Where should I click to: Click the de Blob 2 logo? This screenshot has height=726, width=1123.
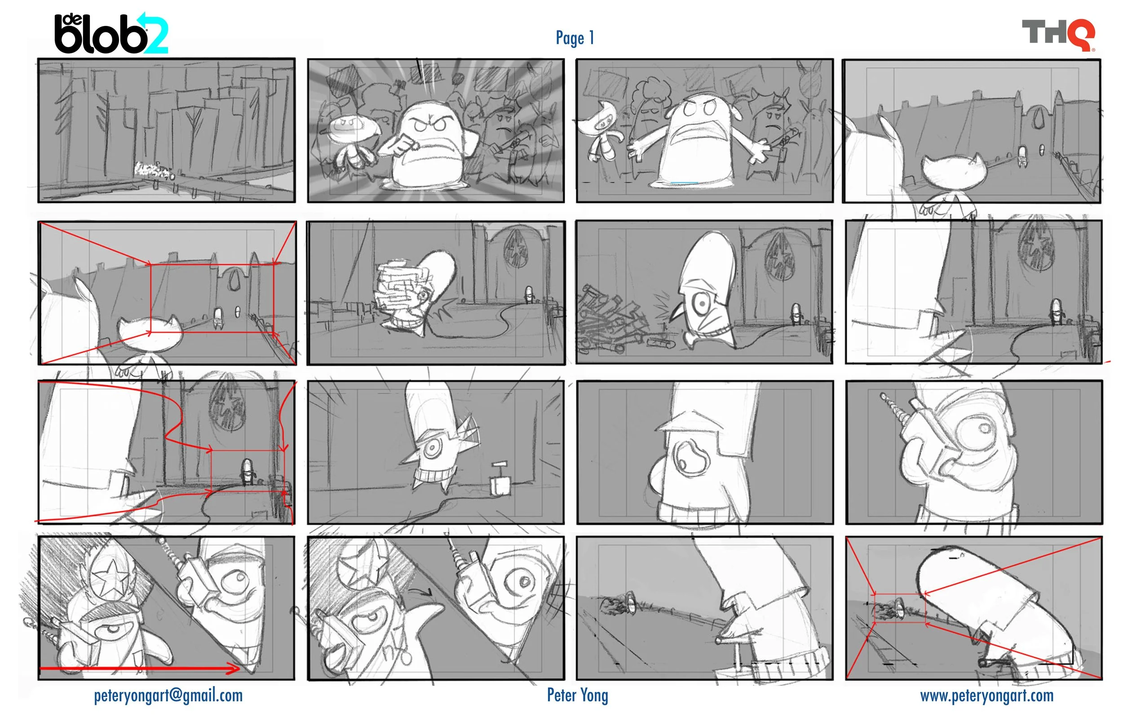(111, 34)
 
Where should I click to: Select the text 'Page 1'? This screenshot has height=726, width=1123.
(575, 38)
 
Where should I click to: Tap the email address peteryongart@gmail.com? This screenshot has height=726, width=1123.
(168, 696)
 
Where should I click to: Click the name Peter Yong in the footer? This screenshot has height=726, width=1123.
(578, 695)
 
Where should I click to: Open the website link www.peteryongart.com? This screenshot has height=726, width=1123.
(986, 696)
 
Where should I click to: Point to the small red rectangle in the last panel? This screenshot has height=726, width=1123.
(899, 608)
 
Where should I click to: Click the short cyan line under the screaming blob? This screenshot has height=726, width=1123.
(684, 183)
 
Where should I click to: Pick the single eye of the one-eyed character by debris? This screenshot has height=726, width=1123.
(703, 304)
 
